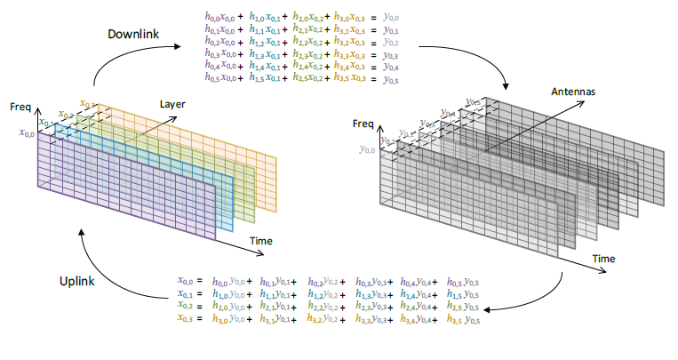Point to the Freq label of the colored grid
coord(20,107)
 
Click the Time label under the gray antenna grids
coord(604,258)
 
